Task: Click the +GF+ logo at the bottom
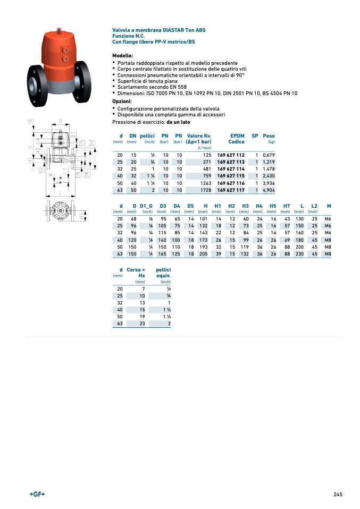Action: click(x=37, y=494)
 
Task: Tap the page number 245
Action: click(x=338, y=494)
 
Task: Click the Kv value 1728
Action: click(x=205, y=190)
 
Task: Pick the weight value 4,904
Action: click(x=269, y=190)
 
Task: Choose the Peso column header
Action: click(x=269, y=136)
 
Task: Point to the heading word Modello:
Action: click(x=123, y=55)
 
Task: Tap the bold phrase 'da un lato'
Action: click(x=178, y=122)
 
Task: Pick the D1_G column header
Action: click(x=146, y=206)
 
